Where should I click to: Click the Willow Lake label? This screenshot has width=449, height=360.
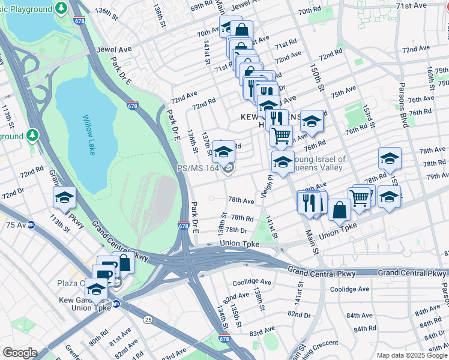click(x=89, y=134)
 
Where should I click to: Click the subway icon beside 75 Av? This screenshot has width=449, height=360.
click(x=31, y=224)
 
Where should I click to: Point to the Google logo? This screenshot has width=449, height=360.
click(x=20, y=353)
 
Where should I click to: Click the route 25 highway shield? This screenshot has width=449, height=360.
click(x=147, y=319)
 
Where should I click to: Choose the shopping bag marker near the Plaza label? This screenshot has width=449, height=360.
click(x=124, y=262)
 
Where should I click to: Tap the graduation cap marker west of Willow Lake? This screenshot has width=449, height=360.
click(x=64, y=197)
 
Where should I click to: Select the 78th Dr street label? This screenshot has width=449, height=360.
click(x=236, y=230)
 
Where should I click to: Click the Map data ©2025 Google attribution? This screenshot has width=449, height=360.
click(x=412, y=355)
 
